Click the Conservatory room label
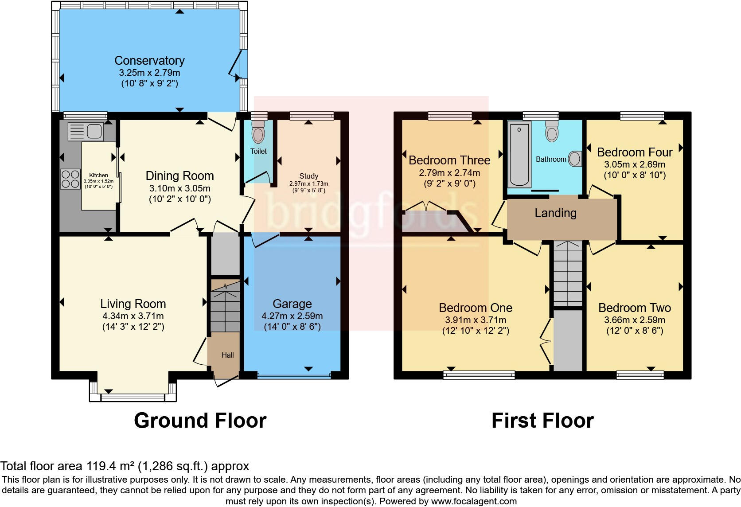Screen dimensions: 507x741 [149, 61]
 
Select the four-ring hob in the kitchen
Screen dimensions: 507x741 [70, 179]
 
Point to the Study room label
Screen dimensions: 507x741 [308, 176]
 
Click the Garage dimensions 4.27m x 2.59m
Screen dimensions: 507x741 [292, 316]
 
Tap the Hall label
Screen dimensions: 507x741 [228, 355]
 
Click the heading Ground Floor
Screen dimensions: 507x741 [200, 421]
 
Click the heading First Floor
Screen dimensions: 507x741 [542, 421]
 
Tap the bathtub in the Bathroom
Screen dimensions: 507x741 [519, 155]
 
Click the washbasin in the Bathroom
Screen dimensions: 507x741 [575, 159]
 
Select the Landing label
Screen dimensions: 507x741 [555, 213]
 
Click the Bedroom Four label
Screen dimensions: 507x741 [635, 152]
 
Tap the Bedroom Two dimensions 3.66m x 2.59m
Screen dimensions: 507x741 [635, 320]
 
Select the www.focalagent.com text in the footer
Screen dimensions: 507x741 [474, 502]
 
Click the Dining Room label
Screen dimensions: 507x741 [179, 176]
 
